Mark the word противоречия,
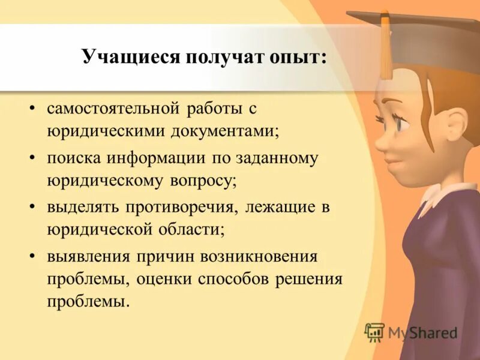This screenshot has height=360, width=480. pyautogui.click(x=185, y=208)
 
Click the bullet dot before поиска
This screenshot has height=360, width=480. pyautogui.click(x=32, y=159)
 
